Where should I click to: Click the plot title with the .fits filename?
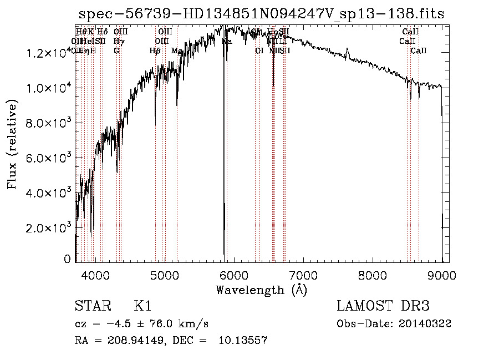point(261,14)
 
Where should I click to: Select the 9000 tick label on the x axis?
point(441,275)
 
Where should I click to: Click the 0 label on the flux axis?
point(68,259)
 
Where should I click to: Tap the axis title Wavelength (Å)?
point(261,290)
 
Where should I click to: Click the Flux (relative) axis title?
point(13,145)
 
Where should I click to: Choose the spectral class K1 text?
point(142,306)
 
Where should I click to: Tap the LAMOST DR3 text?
point(383,306)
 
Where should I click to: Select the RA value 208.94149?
point(131,341)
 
